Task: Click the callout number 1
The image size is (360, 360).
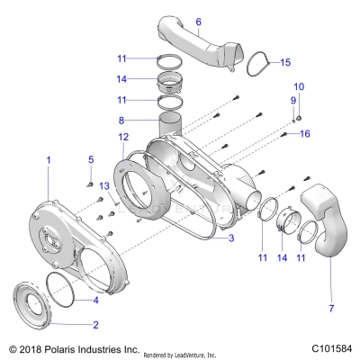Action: pos(49,160)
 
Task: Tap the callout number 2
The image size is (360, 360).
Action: pos(95,325)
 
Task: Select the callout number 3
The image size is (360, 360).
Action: pos(231,238)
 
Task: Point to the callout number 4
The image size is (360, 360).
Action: pos(95,300)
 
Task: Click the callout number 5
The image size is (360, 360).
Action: pos(91,159)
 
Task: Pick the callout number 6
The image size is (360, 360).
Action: pos(198,22)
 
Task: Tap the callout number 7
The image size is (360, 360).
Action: pos(331,308)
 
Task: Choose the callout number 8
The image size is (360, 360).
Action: pos(121,121)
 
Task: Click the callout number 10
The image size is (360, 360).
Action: pos(299,86)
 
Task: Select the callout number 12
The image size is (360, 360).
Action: pos(123,137)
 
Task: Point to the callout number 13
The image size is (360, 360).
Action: pos(104,186)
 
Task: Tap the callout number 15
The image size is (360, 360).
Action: pos(285,62)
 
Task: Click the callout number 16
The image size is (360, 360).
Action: pos(305,133)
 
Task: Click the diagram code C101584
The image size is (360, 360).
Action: pos(331,348)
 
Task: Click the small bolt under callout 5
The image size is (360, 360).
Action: pos(89,184)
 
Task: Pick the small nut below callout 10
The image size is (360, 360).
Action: pos(299,119)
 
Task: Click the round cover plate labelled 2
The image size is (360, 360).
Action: pos(33,304)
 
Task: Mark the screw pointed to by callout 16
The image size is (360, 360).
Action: pos(283,135)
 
